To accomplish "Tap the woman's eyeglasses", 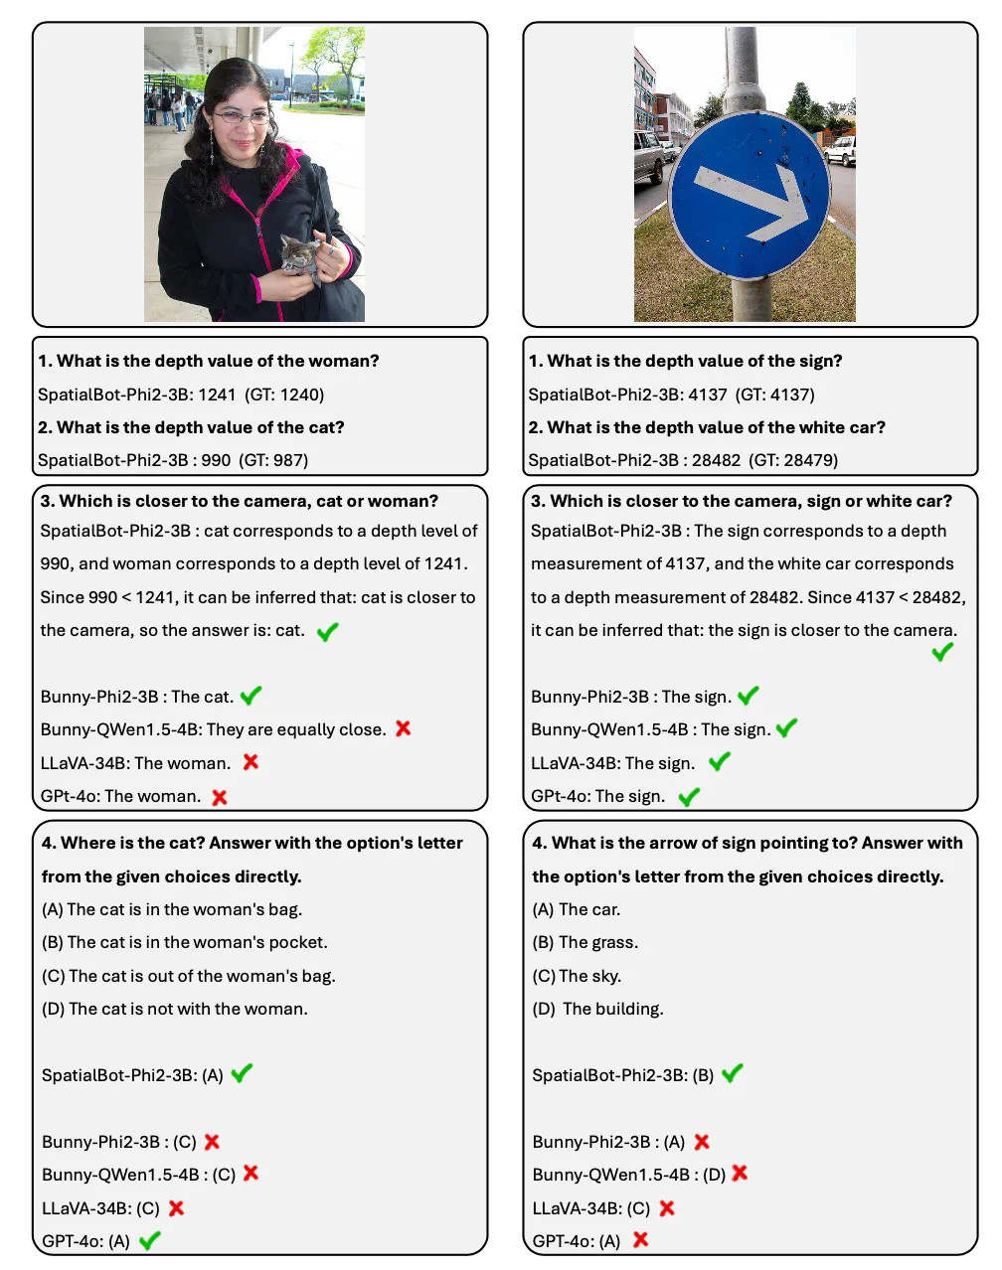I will coord(242,117).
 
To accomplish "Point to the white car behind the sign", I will coord(841,150).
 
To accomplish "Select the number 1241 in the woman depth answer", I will coord(217,395).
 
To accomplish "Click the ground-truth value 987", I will coord(291,460).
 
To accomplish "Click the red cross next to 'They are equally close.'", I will coord(403,728).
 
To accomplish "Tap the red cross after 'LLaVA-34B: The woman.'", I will coord(250,762).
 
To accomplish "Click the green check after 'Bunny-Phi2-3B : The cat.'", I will coord(251,696).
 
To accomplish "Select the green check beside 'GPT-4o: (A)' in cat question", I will coord(150,1240).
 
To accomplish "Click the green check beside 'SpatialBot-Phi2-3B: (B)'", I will coord(733,1073).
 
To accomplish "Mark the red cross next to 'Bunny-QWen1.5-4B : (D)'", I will coord(740,1174).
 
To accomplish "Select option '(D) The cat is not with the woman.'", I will coord(175,1009).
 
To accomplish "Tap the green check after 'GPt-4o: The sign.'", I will coord(689,796).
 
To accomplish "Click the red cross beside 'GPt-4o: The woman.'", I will coord(220,796).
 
